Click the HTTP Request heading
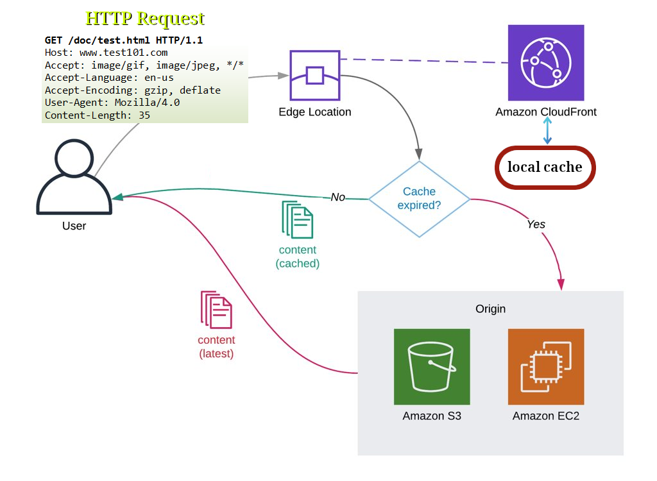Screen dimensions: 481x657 (145, 18)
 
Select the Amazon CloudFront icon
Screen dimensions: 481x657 (545, 63)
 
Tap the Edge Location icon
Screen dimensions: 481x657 (314, 76)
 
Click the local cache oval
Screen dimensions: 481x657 (545, 167)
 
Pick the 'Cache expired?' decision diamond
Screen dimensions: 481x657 (419, 199)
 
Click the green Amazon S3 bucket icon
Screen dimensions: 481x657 (432, 367)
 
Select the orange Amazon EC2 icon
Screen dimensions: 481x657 (545, 367)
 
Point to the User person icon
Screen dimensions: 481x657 (74, 176)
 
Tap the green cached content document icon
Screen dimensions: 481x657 (298, 220)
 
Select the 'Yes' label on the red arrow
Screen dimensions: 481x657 (536, 224)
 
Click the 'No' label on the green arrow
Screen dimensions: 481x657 (338, 197)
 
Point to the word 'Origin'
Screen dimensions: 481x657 (490, 309)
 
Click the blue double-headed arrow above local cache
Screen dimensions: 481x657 (547, 132)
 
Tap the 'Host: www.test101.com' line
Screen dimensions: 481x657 (106, 53)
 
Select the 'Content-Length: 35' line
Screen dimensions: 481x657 (97, 115)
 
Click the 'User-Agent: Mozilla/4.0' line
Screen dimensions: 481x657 (112, 103)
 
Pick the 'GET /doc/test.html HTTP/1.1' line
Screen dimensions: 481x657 (123, 40)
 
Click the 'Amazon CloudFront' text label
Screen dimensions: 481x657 (546, 112)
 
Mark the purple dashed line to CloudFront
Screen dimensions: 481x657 (423, 62)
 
